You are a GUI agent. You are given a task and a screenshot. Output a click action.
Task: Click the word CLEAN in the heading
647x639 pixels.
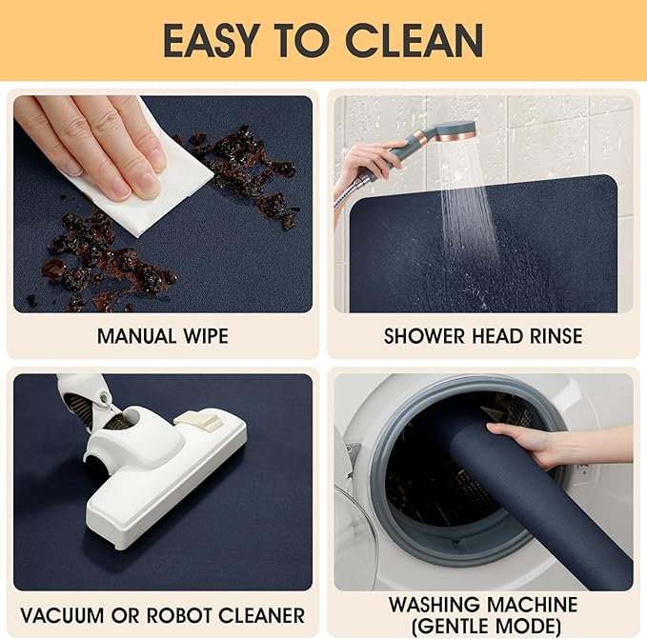414,40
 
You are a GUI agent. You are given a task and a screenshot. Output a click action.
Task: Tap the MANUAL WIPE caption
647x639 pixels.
162,336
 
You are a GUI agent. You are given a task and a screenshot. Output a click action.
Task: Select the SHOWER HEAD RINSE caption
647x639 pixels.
482,336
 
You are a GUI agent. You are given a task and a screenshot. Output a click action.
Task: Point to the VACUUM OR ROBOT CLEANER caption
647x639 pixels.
162,615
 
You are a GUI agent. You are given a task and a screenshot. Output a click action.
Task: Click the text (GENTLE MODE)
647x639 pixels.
482,626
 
